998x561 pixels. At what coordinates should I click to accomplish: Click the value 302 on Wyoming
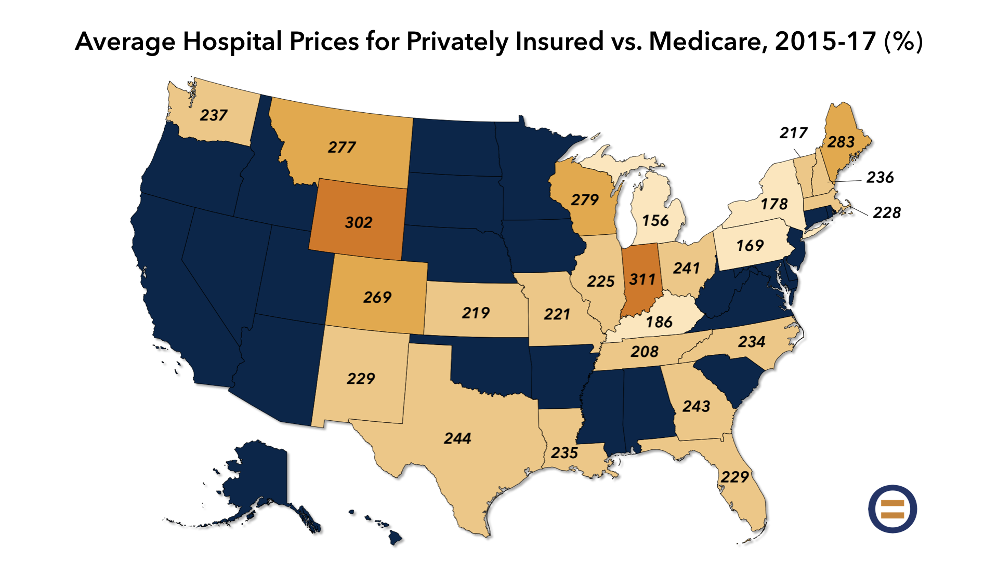coord(359,222)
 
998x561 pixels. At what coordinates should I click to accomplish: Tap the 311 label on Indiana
coord(642,279)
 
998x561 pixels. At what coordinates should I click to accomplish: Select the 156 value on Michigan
coord(655,221)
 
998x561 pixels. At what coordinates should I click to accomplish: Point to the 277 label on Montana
coord(342,148)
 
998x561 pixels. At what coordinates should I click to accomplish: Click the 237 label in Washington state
coord(214,115)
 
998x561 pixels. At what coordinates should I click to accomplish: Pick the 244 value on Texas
coord(457,438)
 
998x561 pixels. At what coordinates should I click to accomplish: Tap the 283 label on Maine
coord(841,142)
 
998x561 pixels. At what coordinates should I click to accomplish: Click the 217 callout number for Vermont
coord(793,133)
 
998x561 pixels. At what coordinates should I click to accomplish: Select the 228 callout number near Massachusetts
coord(887,212)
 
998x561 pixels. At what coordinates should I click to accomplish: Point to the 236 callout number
coord(880,178)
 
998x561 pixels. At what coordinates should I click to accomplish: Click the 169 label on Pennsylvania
coord(750,246)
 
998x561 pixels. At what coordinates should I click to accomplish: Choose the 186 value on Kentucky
coord(659,323)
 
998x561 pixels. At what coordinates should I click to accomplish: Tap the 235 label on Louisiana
coord(564,453)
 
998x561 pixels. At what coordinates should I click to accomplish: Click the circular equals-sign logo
coord(892,509)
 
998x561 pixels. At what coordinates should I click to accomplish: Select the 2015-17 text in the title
coord(825,42)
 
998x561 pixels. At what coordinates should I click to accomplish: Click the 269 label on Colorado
coord(377,298)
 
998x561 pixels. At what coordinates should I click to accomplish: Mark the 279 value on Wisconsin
coord(585,200)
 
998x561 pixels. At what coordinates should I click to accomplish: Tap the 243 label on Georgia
coord(697,406)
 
